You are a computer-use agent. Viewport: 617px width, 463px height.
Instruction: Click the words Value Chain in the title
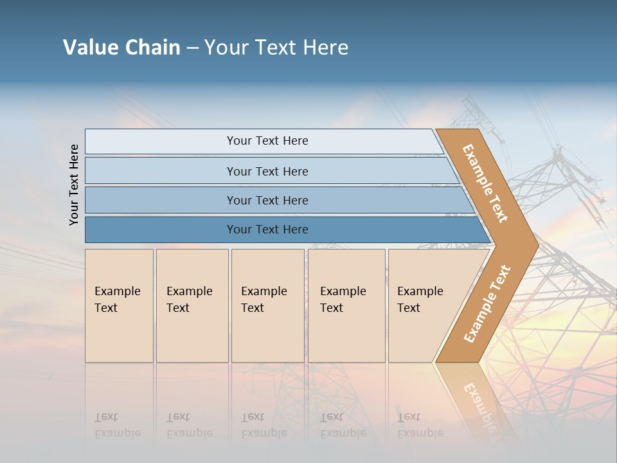(121, 48)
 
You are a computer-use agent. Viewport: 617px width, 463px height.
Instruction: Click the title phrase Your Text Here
(276, 48)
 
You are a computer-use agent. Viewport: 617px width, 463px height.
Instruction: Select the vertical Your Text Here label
(74, 185)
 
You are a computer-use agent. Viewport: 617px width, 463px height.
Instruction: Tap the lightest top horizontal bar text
(267, 141)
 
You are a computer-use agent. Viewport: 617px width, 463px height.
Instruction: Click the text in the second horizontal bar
(267, 172)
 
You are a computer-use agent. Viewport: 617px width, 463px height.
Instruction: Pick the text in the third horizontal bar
(267, 201)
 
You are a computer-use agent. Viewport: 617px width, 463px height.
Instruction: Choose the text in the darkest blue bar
(267, 230)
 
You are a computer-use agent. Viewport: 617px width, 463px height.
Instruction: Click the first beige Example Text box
(119, 305)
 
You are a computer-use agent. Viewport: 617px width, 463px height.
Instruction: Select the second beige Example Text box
(192, 305)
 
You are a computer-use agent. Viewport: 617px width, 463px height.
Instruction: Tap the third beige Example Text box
(267, 305)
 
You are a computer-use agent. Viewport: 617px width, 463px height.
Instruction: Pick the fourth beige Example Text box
(346, 305)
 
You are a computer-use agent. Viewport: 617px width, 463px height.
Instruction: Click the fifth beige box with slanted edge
(424, 305)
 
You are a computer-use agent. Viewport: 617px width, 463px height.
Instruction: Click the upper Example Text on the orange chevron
(485, 184)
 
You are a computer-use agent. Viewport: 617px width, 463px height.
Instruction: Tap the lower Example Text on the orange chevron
(487, 304)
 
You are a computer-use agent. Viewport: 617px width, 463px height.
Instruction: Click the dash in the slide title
(192, 48)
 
